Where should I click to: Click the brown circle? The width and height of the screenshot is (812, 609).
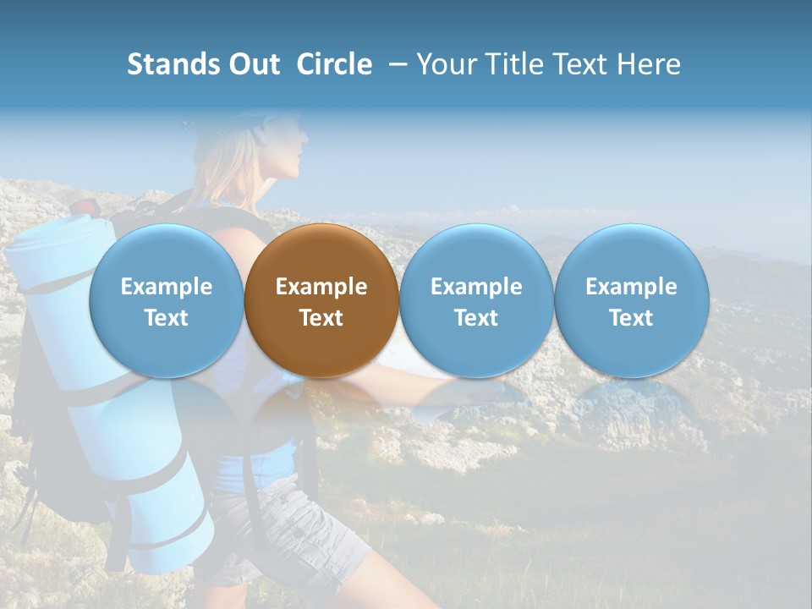point(321,300)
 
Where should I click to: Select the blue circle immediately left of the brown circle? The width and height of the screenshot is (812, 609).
point(166,300)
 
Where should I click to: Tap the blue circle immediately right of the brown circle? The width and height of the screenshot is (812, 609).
point(476,300)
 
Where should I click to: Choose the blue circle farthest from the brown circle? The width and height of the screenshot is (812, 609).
point(631,300)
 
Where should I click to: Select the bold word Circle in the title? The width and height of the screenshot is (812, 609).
point(334,64)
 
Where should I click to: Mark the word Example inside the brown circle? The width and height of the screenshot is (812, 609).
point(321,287)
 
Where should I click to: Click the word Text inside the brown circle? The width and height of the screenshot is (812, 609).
point(321,318)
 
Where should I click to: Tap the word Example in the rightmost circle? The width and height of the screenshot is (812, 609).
point(631,287)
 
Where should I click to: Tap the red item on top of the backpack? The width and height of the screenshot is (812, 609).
point(84,206)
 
